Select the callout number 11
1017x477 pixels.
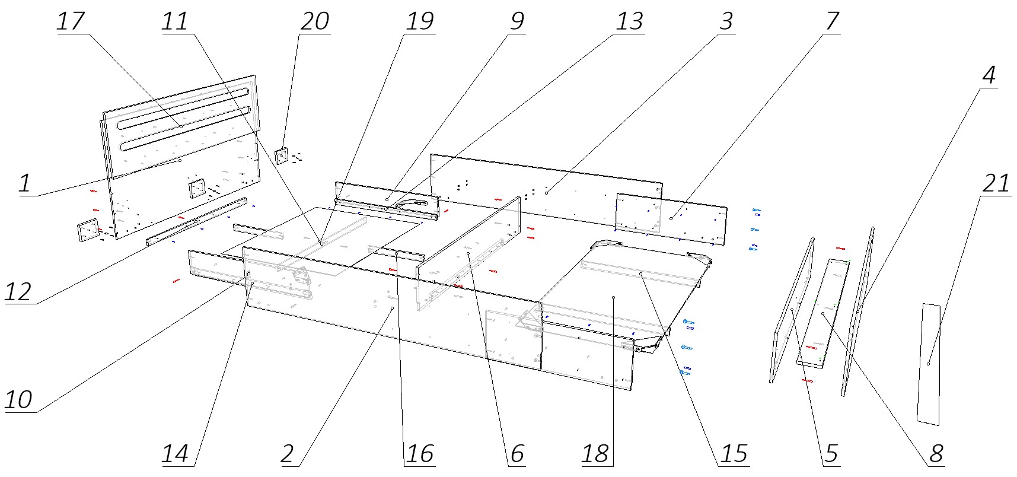click(175, 22)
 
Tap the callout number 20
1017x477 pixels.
click(314, 22)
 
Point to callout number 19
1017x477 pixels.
click(420, 22)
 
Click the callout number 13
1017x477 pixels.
click(629, 22)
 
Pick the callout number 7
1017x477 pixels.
click(832, 22)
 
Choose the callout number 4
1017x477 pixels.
click(988, 76)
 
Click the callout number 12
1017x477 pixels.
click(18, 292)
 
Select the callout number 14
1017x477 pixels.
click(175, 454)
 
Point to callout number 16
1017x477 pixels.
click(420, 454)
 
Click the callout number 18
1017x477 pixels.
click(595, 454)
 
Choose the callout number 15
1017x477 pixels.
click(734, 454)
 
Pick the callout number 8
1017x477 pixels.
click(936, 454)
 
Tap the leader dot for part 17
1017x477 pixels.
click(181, 126)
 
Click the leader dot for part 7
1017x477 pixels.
click(671, 219)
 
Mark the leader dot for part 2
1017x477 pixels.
click(392, 309)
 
